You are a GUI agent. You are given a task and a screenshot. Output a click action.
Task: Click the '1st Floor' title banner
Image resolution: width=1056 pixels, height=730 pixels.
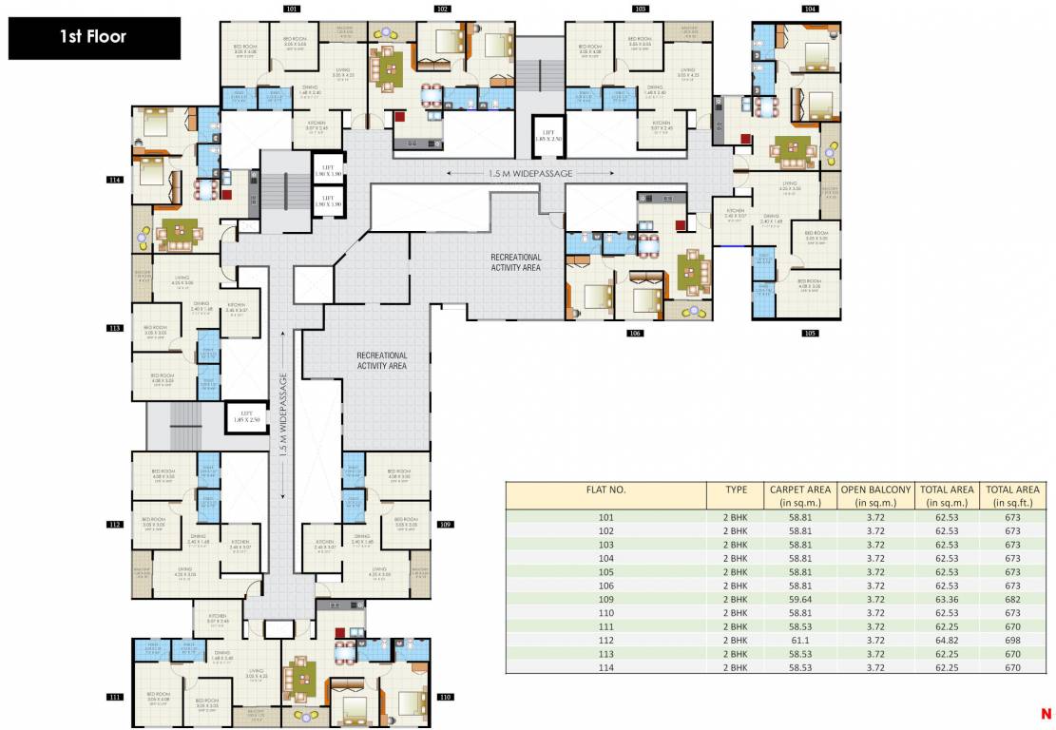pos(93,38)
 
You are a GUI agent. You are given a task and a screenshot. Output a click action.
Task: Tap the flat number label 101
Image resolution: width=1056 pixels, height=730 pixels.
pos(292,9)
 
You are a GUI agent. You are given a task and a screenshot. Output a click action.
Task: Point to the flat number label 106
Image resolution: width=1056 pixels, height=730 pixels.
pos(635,334)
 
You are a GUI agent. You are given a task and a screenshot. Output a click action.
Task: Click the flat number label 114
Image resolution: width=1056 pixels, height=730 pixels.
pos(115,179)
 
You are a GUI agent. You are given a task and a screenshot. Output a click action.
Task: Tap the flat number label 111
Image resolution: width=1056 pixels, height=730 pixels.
pos(115,697)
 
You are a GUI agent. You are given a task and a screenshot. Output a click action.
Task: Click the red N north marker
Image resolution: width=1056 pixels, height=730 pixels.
pos(1046,713)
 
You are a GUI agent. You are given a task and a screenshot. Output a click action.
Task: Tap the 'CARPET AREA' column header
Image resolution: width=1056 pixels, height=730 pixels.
pos(799,495)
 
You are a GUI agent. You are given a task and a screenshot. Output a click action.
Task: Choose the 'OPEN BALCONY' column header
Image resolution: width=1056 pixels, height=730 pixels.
pos(875,495)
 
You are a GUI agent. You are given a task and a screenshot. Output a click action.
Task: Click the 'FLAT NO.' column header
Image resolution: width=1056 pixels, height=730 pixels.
pos(605,490)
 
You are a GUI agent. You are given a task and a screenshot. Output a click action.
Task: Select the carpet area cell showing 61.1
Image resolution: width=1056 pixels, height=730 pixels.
pos(799,641)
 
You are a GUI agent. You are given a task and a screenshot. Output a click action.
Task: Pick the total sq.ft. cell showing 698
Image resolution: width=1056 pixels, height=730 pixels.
pos(1012,641)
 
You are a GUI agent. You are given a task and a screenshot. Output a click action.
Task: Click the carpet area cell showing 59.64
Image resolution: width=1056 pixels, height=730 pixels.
pos(799,600)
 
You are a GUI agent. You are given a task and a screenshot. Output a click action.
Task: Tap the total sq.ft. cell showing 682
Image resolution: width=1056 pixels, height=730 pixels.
pos(1012,600)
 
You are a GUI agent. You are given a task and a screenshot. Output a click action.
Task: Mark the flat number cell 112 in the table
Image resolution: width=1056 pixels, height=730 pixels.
pos(605,641)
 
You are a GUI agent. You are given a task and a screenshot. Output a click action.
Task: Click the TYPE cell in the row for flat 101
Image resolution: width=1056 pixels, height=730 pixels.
pos(736,517)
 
